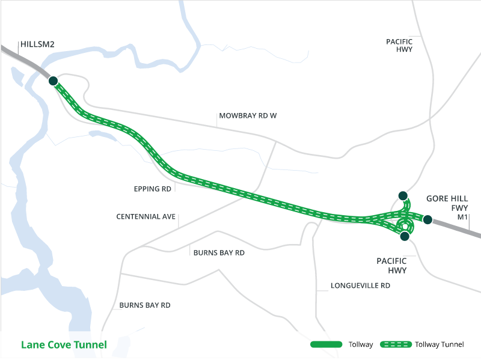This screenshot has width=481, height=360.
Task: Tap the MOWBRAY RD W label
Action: [247, 115]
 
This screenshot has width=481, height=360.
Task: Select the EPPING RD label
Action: [153, 189]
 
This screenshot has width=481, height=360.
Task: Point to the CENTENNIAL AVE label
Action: [146, 216]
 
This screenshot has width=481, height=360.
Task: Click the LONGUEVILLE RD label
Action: [360, 286]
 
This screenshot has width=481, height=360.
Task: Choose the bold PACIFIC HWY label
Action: [391, 266]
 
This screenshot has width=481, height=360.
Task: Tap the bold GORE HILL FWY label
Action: [447, 203]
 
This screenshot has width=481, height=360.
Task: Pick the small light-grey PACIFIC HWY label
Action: [399, 45]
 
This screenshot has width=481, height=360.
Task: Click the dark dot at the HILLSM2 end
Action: [53, 80]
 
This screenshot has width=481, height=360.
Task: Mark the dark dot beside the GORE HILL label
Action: [427, 219]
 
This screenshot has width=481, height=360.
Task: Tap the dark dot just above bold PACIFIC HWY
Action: [405, 237]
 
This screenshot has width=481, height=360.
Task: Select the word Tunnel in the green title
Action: [91, 345]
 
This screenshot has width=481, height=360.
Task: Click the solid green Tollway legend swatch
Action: [325, 345]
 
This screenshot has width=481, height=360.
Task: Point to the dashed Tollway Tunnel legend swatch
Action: [394, 345]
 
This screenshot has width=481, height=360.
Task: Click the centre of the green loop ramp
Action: [405, 227]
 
